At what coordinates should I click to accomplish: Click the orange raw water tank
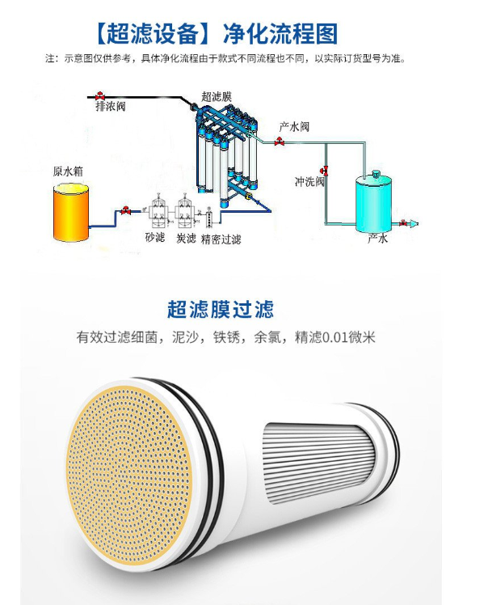click(71, 212)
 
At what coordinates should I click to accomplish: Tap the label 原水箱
click(68, 171)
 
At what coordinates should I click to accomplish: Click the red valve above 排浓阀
click(100, 95)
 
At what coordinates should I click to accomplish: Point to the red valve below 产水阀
click(280, 142)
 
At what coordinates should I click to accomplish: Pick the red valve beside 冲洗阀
click(324, 170)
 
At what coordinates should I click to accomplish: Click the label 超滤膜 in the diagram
click(217, 96)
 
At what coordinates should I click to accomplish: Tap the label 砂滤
click(155, 237)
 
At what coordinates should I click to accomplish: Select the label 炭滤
click(186, 238)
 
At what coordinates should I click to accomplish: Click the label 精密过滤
click(221, 239)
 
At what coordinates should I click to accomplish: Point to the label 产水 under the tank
click(377, 238)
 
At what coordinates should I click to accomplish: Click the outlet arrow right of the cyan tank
click(414, 223)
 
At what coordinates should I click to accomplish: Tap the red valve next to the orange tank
click(125, 210)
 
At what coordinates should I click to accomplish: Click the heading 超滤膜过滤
click(221, 310)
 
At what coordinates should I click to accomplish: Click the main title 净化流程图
click(280, 34)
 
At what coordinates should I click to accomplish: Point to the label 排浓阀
click(111, 106)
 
